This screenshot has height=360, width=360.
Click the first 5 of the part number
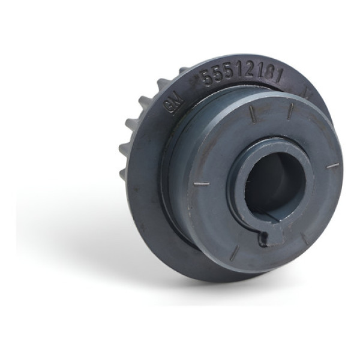pyautogui.click(x=207, y=77)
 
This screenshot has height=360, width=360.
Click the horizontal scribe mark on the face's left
pyautogui.click(x=203, y=182)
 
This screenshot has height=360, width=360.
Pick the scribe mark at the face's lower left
pyautogui.click(x=233, y=252)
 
